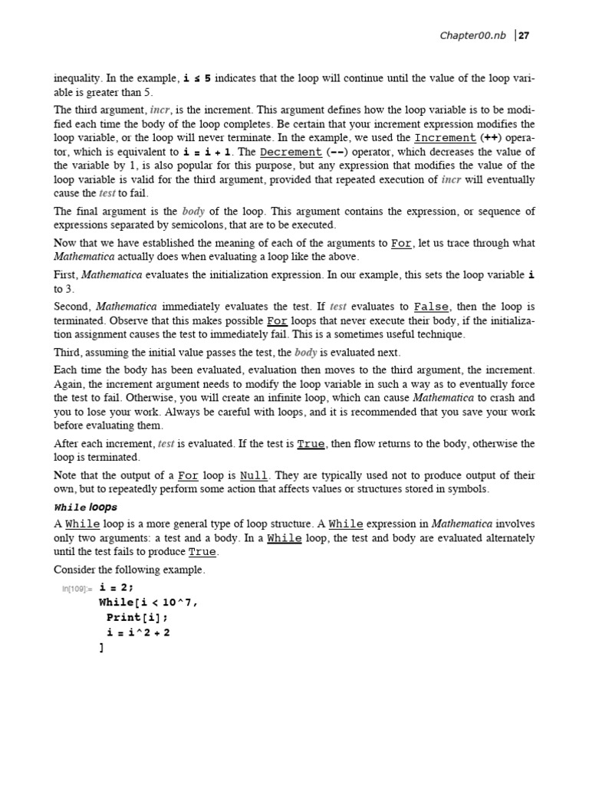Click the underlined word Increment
(x=445, y=138)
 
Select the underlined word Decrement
(x=288, y=152)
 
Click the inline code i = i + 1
(x=207, y=152)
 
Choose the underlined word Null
(x=254, y=475)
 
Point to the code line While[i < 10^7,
(x=148, y=603)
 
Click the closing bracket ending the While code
(x=101, y=648)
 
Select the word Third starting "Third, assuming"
(x=68, y=353)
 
